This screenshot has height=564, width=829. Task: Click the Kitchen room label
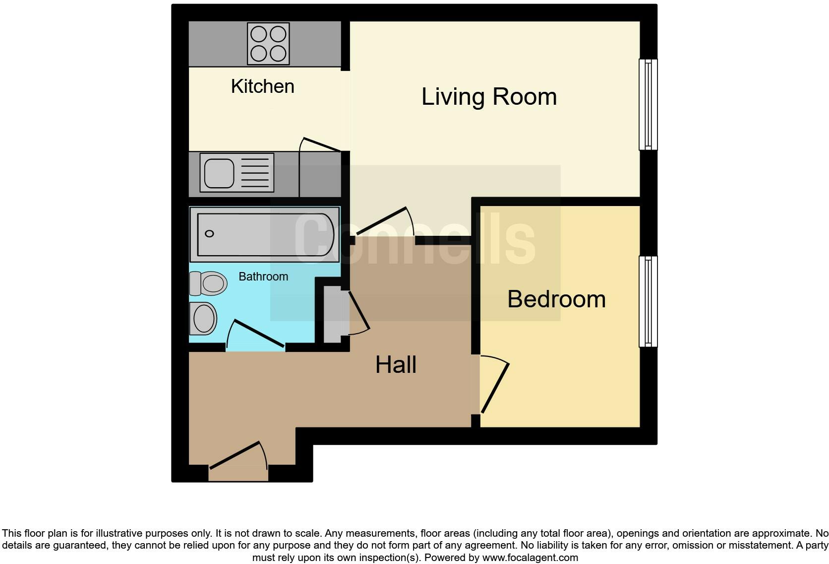[x=262, y=86]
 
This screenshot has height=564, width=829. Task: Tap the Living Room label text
[x=489, y=96]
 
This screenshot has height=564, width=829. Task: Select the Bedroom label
[x=556, y=299]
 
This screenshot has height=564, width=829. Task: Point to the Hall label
[x=396, y=365]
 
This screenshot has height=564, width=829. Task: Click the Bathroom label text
[x=263, y=277]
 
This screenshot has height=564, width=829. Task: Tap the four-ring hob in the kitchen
[x=268, y=44]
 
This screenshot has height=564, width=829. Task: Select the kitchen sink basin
[x=219, y=173]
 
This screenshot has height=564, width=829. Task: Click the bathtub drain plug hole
[x=209, y=233]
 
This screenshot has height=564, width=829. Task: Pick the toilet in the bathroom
[x=209, y=283]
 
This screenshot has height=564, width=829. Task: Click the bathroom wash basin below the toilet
[x=203, y=318]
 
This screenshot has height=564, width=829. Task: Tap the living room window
[x=648, y=104]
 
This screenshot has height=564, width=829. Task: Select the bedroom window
[x=648, y=301]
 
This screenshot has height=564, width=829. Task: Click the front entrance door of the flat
[x=238, y=455]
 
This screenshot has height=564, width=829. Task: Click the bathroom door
[x=257, y=334]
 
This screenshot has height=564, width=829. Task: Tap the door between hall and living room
[x=382, y=221]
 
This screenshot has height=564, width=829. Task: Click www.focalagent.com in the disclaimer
[x=530, y=558]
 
